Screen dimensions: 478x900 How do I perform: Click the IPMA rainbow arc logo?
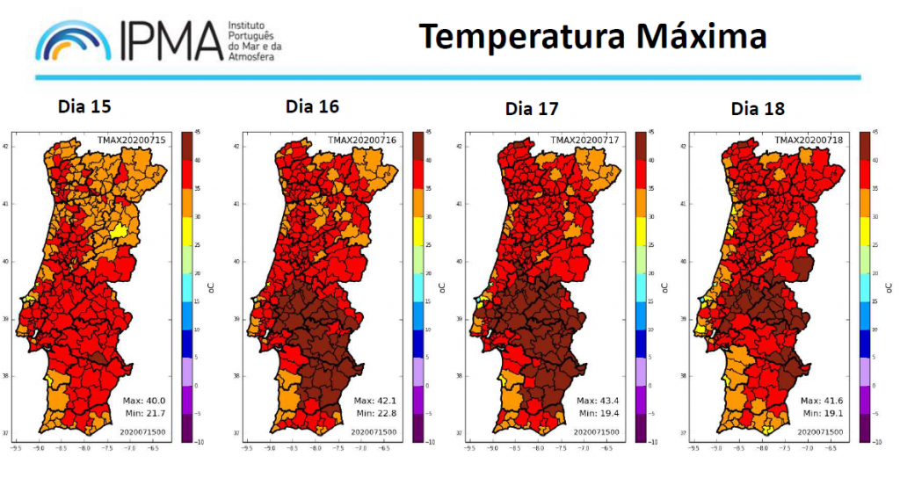[x=74, y=39]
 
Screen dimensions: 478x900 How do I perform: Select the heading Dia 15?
[x=84, y=106]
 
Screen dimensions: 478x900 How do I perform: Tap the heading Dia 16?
[x=312, y=106]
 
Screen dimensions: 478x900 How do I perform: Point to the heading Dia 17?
[x=532, y=109]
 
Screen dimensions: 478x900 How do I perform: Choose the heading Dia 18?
[x=758, y=109]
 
